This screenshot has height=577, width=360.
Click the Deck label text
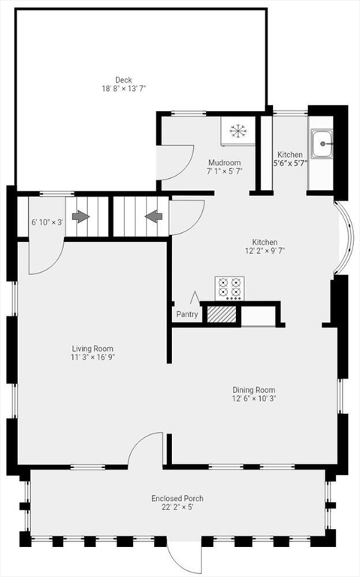coord(124,80)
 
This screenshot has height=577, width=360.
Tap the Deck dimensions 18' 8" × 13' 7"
coord(124,89)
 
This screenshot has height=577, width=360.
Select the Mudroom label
coord(224,162)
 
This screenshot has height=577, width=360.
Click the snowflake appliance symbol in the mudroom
coord(238,131)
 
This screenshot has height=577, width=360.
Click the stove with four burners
coord(230,288)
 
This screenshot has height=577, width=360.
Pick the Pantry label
coord(187,315)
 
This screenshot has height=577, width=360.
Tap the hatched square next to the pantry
coord(221,314)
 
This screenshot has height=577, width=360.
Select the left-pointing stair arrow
coord(153,217)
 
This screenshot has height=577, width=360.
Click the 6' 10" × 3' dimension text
coord(47,222)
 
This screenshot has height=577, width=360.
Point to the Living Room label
coord(92,349)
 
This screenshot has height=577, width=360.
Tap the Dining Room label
coord(253,390)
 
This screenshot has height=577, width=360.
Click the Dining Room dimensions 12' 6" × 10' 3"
coord(253,399)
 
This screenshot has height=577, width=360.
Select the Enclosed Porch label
coord(177,498)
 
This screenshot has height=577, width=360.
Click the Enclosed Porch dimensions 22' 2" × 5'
coord(177,507)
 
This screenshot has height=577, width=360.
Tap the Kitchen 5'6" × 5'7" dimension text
coord(290,164)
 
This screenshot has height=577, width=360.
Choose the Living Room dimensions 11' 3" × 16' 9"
coord(92,358)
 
